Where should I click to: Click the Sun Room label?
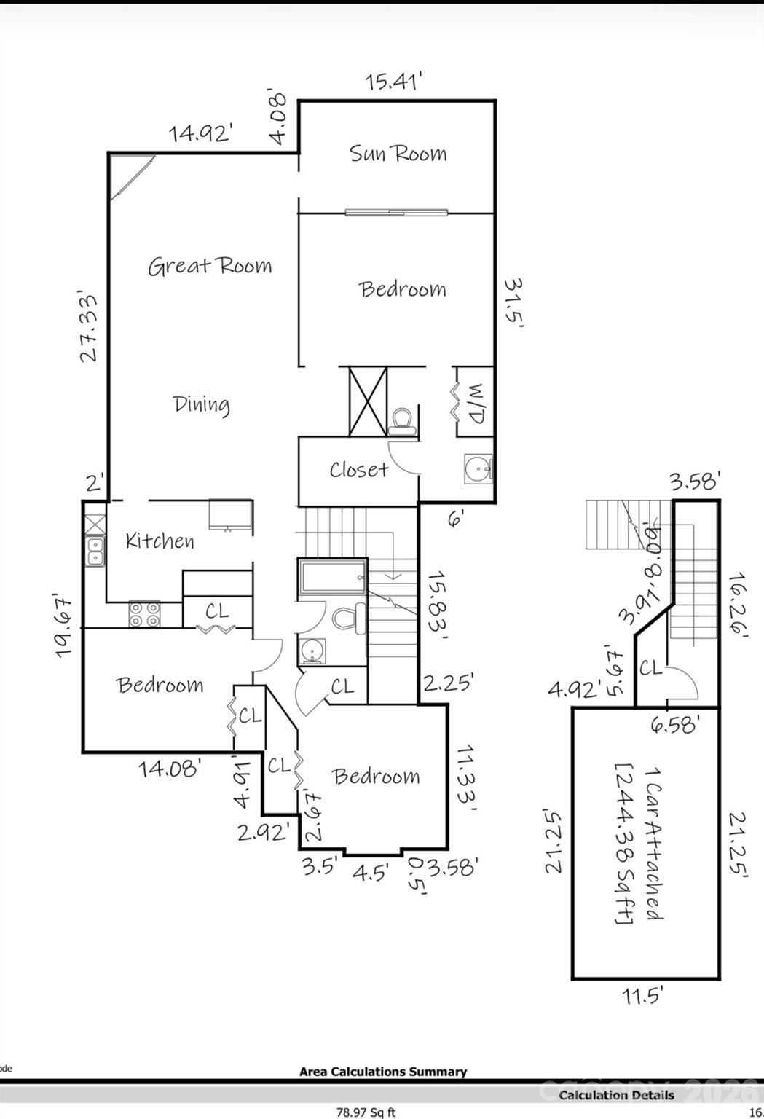[x=398, y=154]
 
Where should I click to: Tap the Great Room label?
[x=210, y=266]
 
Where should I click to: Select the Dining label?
[x=201, y=404]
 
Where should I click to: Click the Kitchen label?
[x=160, y=541]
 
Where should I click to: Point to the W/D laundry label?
[x=474, y=404]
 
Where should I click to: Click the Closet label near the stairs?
[x=358, y=470]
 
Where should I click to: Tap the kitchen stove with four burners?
[x=143, y=614]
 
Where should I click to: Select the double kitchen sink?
[x=95, y=551]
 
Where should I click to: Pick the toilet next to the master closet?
[x=401, y=421]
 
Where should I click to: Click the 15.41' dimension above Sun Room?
[x=394, y=82]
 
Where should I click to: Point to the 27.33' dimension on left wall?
[x=89, y=328]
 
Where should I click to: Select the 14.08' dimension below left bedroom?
[x=170, y=768]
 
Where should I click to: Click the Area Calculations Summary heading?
[x=383, y=1072]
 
